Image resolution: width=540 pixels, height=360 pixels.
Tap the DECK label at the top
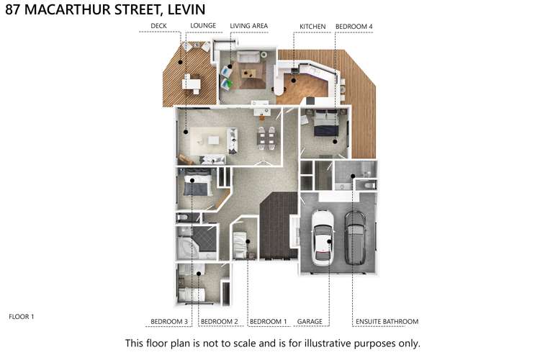pyautogui.click(x=158, y=27)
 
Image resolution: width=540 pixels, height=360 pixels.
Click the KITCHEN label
pyautogui.click(x=313, y=27)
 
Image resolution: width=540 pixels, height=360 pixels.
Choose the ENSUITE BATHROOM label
pyautogui.click(x=387, y=321)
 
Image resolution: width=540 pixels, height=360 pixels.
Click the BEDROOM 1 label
pyautogui.click(x=268, y=321)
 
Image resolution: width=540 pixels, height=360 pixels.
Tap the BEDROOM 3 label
pyautogui.click(x=169, y=321)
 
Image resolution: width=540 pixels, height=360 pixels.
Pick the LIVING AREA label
pyautogui.click(x=249, y=27)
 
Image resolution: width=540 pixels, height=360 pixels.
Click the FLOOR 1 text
pyautogui.click(x=22, y=316)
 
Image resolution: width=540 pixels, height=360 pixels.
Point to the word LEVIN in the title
pyautogui.click(x=184, y=9)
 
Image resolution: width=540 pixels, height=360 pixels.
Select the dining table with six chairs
pyautogui.click(x=268, y=135)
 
